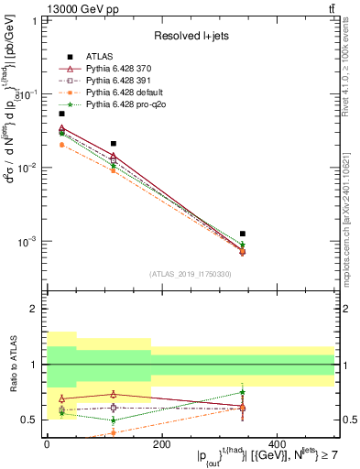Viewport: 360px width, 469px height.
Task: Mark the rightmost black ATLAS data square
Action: pos(243,234)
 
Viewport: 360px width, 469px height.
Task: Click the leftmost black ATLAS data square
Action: pos(61,114)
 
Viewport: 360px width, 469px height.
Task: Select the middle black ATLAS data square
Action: pos(113,144)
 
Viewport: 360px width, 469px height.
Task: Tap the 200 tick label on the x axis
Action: pos(161,444)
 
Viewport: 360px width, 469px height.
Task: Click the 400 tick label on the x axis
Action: pos(277,444)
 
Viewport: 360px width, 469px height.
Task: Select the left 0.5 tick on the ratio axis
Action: pos(33,420)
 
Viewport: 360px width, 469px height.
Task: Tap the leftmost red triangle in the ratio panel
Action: pos(61,398)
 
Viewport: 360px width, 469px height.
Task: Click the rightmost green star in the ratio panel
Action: pos(243,392)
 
